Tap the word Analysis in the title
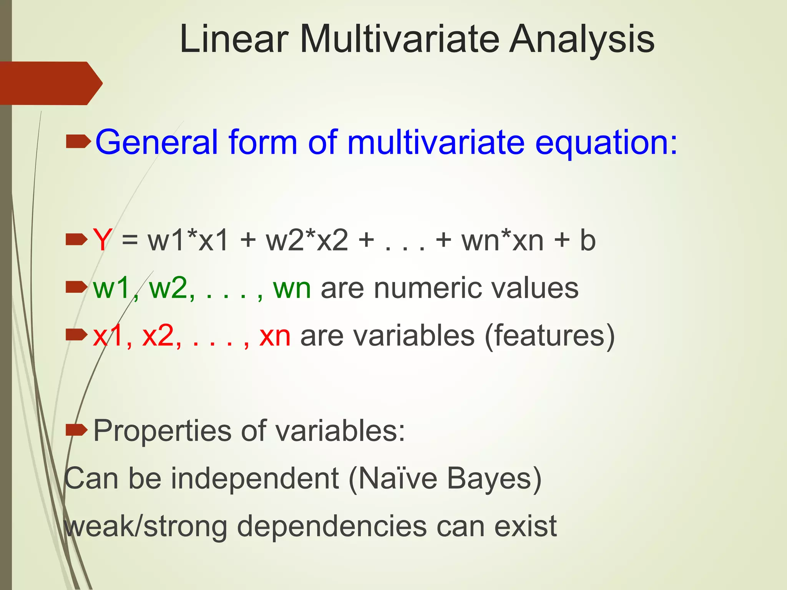coord(582,39)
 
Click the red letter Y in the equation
coord(102,240)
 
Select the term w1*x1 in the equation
coord(188,240)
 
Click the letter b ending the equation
coord(587,240)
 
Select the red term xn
coord(275,336)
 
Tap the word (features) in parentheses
coord(550,336)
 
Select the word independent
coord(255,479)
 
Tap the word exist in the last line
coord(525,526)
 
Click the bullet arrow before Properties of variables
coord(76,431)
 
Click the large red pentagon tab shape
coord(48,83)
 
